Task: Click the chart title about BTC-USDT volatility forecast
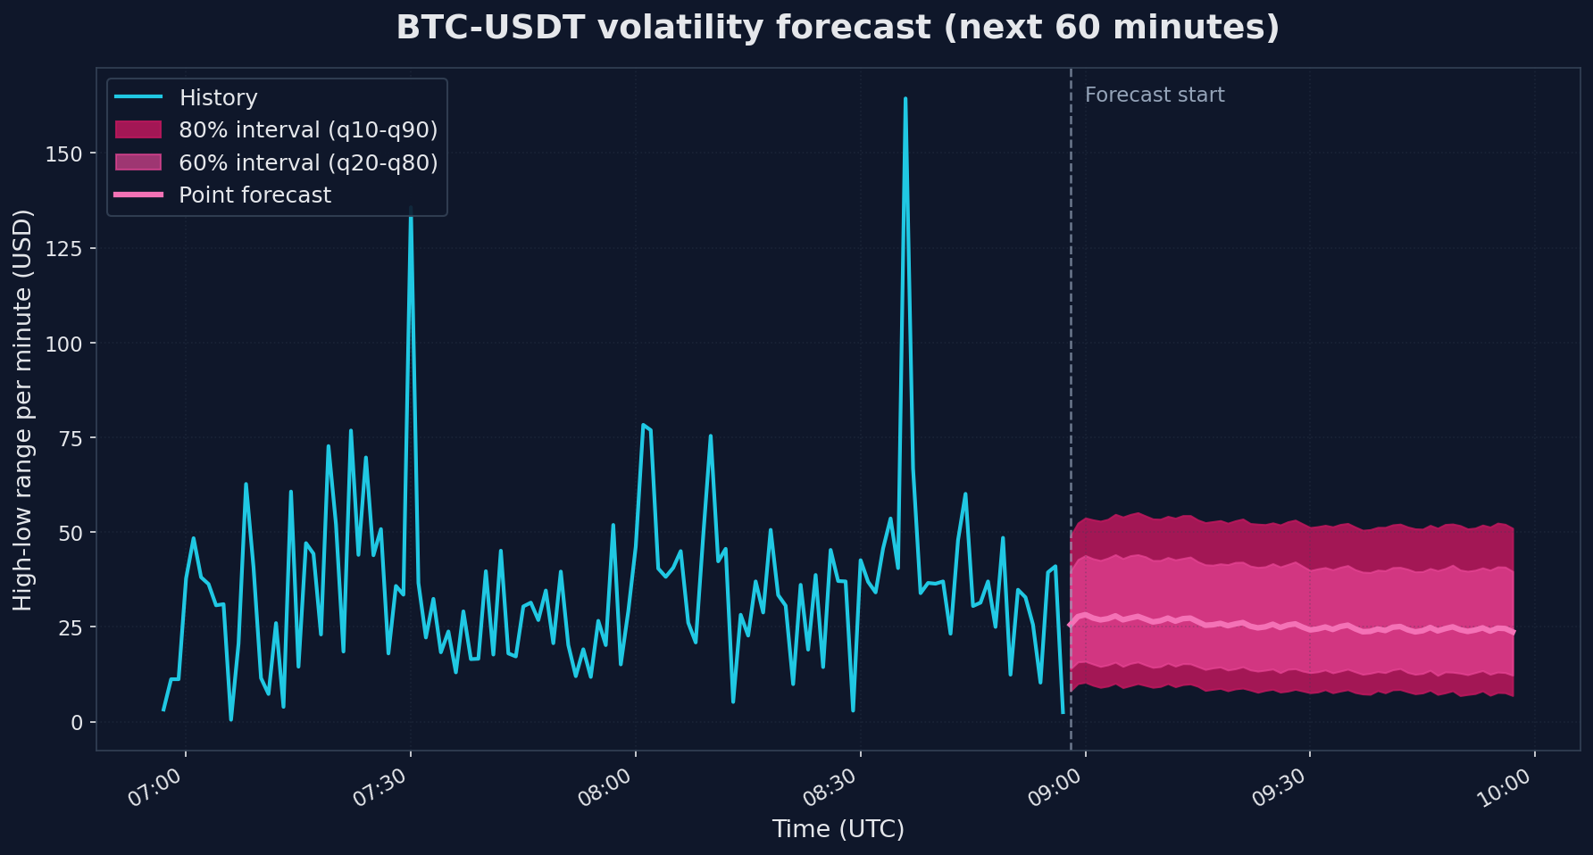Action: pos(838,28)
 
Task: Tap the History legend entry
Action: pos(218,97)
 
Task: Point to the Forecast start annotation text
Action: pos(1154,95)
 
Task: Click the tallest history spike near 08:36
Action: pos(905,99)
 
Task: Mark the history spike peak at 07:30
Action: pos(411,208)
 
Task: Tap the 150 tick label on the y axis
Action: pos(63,154)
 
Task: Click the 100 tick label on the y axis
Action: pos(63,344)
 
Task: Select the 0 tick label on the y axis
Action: pos(77,722)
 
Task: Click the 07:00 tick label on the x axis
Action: pos(154,788)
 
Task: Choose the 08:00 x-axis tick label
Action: pos(605,788)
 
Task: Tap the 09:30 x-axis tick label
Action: pos(1279,788)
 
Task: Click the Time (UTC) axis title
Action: pos(838,829)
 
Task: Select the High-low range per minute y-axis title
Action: pos(23,410)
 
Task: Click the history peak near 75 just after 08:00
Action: pos(643,426)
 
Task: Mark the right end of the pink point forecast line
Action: pos(1514,633)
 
